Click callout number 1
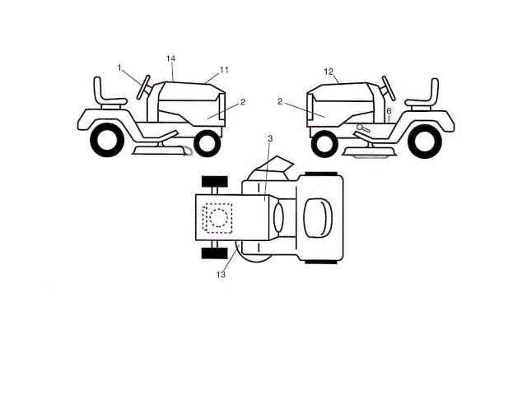119,67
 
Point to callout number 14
171,58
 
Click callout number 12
329,72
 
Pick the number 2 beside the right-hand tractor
281,101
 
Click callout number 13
221,274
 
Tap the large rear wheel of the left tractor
107,140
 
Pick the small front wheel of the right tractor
323,142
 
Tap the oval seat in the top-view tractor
319,216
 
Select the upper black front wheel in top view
214,181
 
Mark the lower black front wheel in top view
213,251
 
